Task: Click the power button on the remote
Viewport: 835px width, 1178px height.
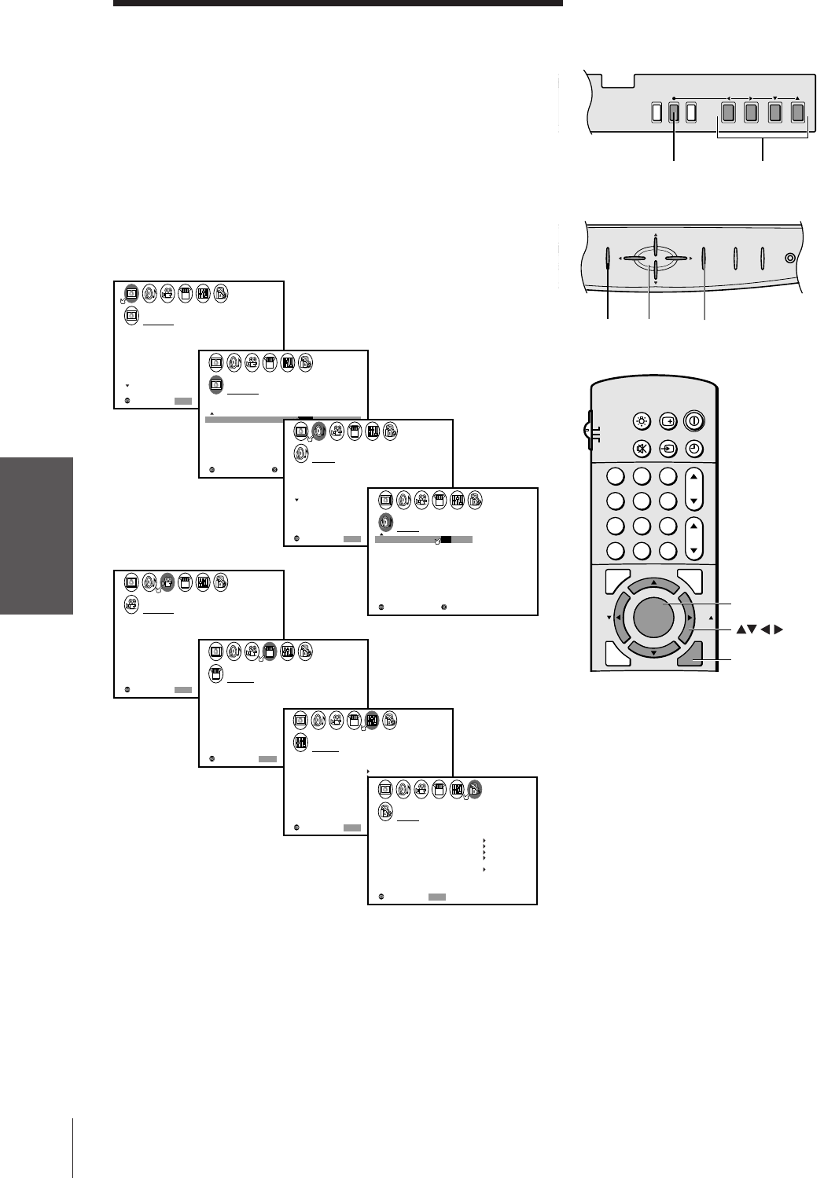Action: (694, 420)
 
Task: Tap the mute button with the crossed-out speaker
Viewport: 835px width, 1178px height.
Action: (642, 449)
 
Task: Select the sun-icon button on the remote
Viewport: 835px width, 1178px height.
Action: (642, 420)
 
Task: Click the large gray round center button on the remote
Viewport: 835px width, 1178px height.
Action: (653, 617)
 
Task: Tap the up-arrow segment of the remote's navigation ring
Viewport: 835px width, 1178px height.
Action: (654, 586)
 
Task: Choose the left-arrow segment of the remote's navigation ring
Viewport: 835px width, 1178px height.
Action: (620, 618)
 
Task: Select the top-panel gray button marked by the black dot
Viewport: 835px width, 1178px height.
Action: (674, 113)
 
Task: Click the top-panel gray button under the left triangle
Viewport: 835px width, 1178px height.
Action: (728, 113)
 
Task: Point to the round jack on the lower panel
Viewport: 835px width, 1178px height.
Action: (790, 258)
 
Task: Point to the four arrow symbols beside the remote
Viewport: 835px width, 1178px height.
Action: (760, 629)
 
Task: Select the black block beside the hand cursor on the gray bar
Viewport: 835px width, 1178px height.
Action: (446, 540)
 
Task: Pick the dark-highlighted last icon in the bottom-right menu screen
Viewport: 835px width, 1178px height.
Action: (474, 790)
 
